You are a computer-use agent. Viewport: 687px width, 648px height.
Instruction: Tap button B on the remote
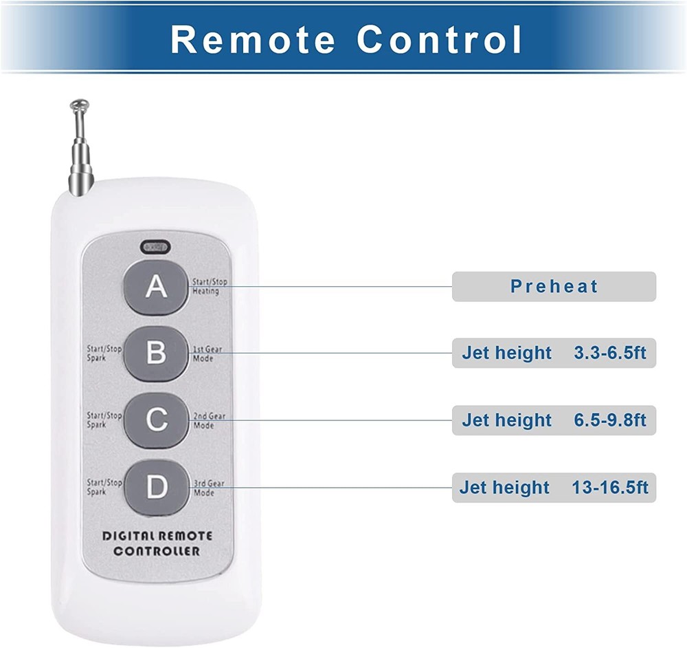(x=156, y=353)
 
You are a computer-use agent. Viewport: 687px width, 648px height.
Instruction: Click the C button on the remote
(x=156, y=420)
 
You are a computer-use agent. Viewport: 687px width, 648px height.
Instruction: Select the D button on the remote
(x=156, y=487)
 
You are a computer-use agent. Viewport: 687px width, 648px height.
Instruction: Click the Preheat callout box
(x=554, y=286)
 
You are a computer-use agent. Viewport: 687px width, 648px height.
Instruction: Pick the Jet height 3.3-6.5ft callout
(x=554, y=353)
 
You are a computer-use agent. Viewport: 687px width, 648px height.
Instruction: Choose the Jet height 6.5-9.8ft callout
(x=554, y=420)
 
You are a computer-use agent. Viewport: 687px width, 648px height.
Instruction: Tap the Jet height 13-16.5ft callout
(x=554, y=488)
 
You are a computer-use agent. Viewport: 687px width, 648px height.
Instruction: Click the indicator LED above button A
(x=155, y=248)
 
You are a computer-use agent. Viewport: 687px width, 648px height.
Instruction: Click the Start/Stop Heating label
(x=210, y=286)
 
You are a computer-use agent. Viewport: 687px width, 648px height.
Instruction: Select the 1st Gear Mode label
(x=207, y=354)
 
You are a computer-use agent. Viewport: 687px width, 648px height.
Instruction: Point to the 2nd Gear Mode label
(x=209, y=421)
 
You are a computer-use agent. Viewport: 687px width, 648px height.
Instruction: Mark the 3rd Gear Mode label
(x=209, y=488)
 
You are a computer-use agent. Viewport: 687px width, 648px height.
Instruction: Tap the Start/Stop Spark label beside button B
(x=104, y=353)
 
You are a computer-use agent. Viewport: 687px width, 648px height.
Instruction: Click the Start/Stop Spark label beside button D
(x=104, y=487)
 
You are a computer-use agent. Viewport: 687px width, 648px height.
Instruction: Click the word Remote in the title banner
(x=253, y=39)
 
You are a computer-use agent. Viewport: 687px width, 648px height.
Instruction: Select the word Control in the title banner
(x=439, y=39)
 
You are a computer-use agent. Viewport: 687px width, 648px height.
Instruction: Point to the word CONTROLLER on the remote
(x=157, y=551)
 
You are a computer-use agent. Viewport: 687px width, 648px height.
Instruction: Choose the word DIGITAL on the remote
(x=128, y=536)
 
